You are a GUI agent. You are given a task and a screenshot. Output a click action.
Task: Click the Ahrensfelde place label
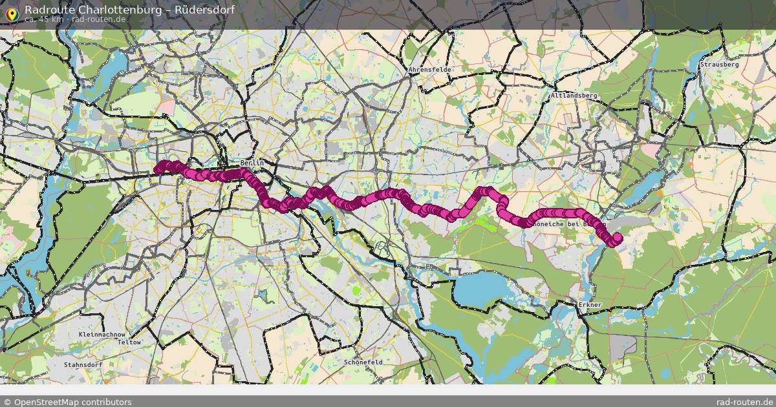[430, 69]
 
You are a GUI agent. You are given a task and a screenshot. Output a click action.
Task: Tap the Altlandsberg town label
[574, 95]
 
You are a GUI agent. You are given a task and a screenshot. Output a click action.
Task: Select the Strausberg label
[719, 65]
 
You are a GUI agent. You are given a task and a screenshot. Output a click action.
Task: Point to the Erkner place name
[590, 304]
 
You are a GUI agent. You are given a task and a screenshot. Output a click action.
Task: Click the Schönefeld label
[363, 362]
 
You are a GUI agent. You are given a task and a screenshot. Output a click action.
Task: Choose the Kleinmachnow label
[102, 335]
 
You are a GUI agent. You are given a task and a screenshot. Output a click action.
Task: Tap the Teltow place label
[129, 342]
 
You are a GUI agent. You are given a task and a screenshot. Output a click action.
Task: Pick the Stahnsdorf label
[83, 364]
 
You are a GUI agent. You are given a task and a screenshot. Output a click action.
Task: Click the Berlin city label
[252, 163]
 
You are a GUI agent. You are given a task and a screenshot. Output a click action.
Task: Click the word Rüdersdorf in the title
[204, 10]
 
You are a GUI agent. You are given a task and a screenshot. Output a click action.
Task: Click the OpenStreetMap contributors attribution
[67, 402]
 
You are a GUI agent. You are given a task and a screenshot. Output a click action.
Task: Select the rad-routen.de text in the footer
[745, 402]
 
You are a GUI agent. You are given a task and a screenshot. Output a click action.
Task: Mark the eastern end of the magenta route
[616, 238]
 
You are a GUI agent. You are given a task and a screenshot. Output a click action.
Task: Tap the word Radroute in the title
[47, 10]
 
